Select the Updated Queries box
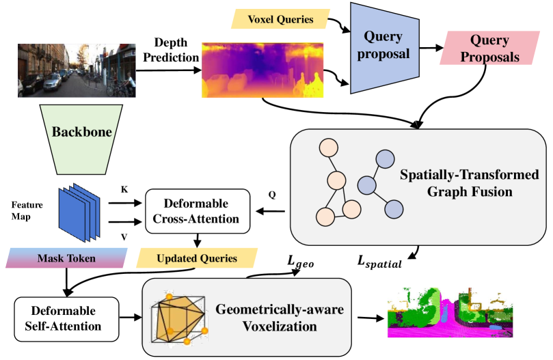[x=197, y=258]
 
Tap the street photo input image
[x=72, y=70]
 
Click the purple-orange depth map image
[x=262, y=69]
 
